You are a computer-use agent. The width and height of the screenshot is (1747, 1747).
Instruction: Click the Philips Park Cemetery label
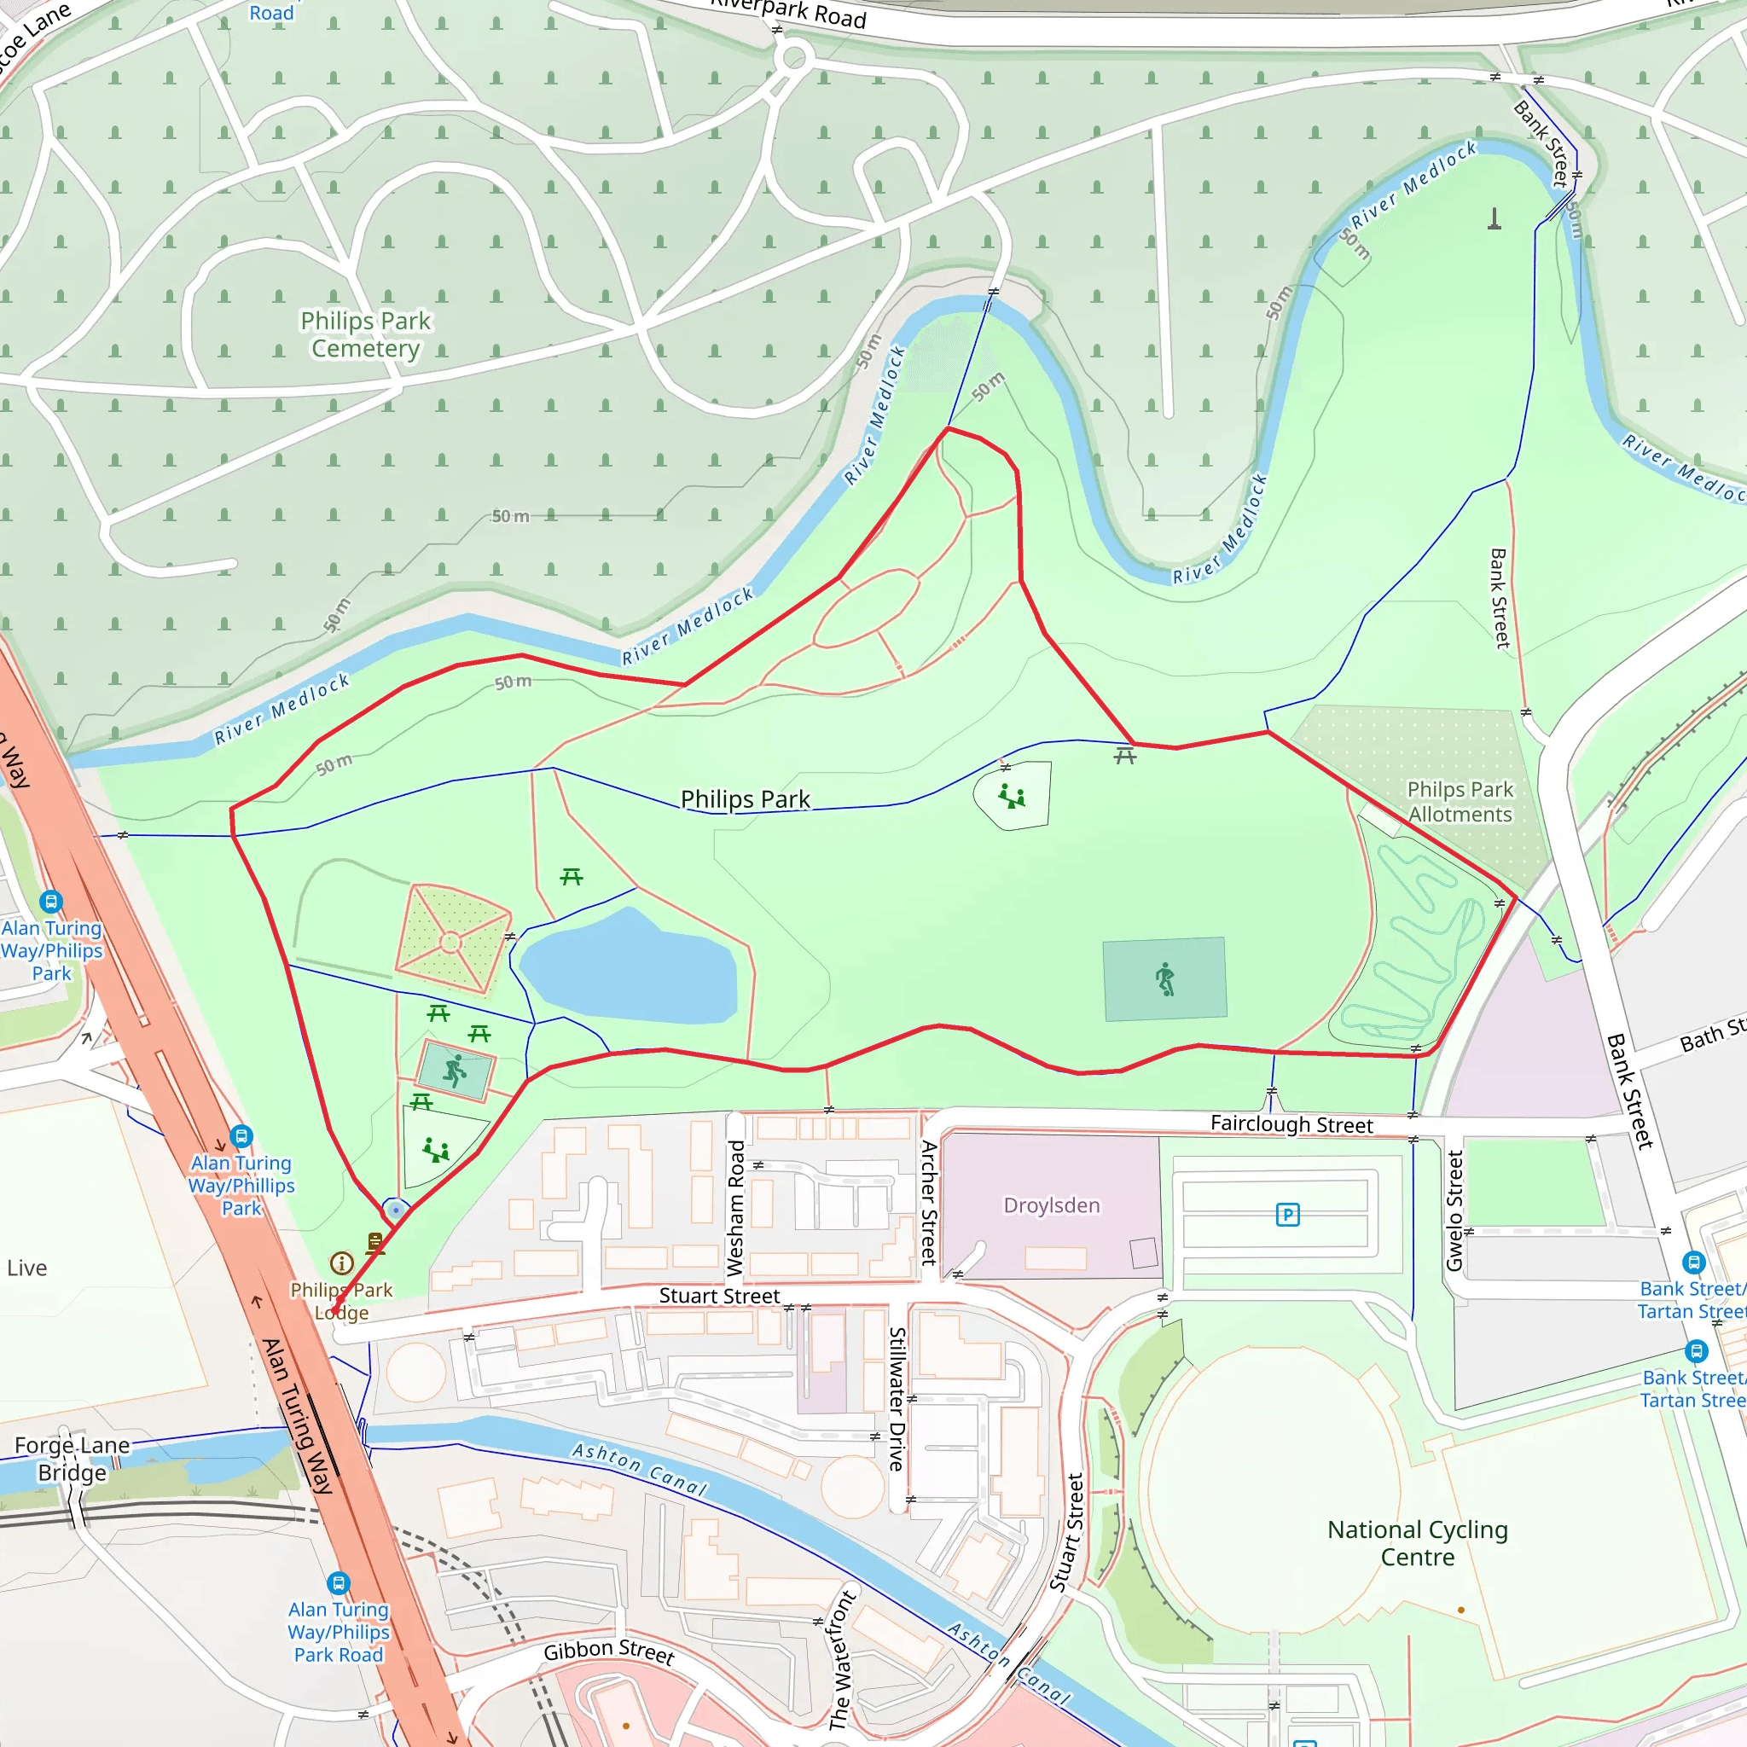coord(365,334)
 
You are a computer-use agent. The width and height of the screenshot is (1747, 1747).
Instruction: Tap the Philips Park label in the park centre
coord(745,799)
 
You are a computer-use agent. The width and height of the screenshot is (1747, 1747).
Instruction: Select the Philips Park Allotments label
coord(1460,801)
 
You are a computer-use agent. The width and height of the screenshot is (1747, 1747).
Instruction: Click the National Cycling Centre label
coord(1417,1542)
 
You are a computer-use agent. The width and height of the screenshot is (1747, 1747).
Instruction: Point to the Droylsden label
coord(1052,1205)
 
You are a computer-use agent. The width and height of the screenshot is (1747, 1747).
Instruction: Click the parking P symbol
coord(1287,1215)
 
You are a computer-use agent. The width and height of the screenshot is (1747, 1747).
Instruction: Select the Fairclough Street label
coord(1291,1124)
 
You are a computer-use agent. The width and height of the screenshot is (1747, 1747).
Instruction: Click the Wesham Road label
coord(737,1208)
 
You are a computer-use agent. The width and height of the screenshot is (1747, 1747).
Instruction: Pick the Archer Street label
coord(929,1202)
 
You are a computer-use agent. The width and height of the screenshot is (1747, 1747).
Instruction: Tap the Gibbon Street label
coord(608,1651)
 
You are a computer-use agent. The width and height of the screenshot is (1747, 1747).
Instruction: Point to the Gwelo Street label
coord(1455,1210)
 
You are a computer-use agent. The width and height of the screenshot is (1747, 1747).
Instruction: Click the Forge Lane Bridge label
coord(73,1459)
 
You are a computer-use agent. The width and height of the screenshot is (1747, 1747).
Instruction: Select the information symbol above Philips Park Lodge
coord(342,1263)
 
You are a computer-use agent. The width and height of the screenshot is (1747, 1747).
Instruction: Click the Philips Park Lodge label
coord(342,1301)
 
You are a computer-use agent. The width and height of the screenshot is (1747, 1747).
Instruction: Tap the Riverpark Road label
coord(787,13)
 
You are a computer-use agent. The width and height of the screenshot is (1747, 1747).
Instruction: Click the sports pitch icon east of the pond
coord(1165,979)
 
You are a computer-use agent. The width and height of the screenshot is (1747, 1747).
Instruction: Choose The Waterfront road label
coord(841,1659)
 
